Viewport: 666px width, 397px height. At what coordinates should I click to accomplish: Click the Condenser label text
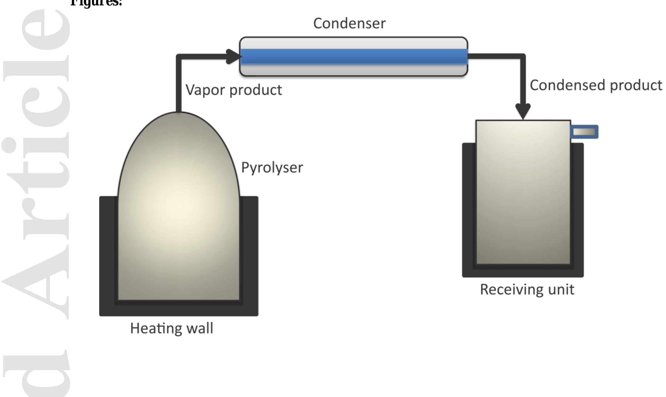pos(349,24)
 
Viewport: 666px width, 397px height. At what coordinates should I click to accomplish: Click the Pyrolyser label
pos(272,168)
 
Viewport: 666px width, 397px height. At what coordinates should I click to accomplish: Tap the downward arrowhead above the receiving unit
pos(523,111)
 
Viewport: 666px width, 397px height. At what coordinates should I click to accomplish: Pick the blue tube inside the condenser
pos(354,56)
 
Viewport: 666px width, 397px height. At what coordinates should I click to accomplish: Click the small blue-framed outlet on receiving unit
pos(584,132)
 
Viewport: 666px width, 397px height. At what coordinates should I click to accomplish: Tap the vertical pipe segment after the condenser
pos(523,81)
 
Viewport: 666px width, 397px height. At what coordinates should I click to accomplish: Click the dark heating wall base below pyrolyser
pos(179,310)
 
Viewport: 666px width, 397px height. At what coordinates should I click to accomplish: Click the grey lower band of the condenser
pos(354,70)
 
